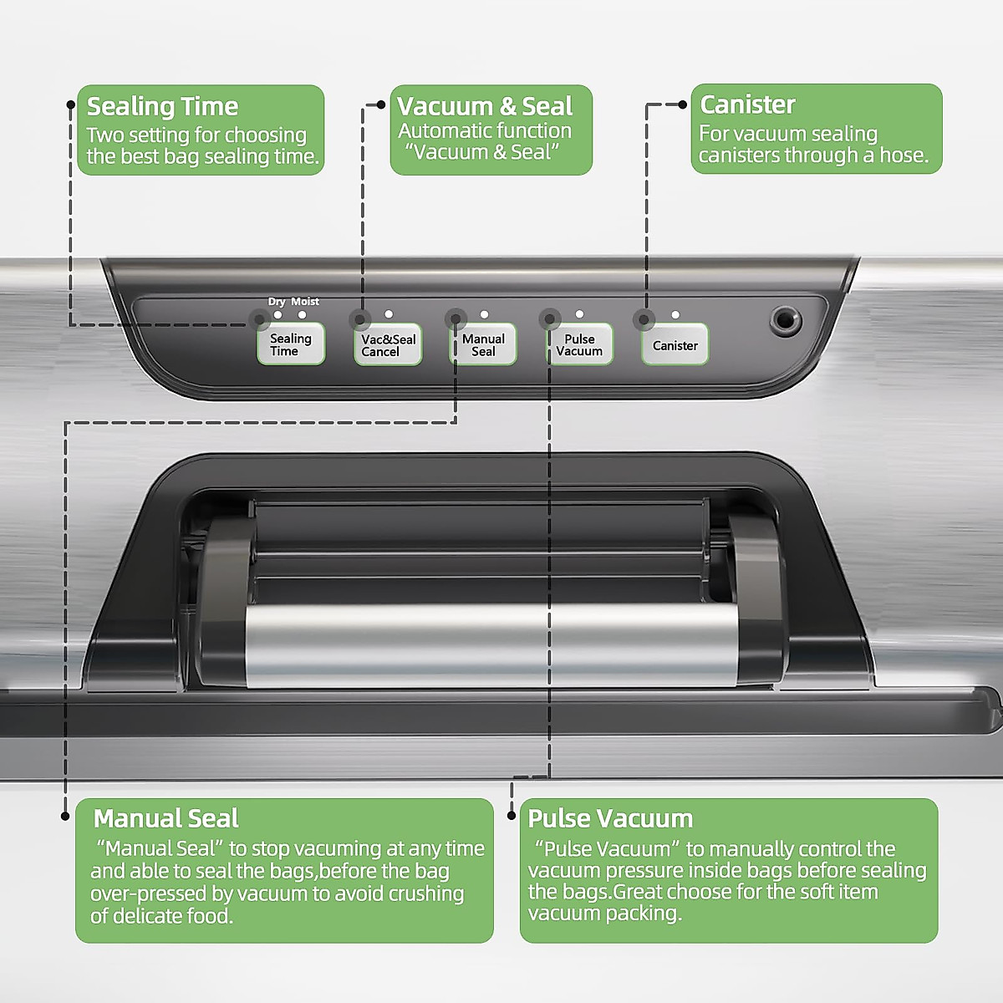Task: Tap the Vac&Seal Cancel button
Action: pyautogui.click(x=388, y=345)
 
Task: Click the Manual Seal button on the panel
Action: pyautogui.click(x=483, y=345)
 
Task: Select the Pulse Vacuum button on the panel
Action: pyautogui.click(x=579, y=345)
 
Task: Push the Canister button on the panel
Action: pyautogui.click(x=675, y=345)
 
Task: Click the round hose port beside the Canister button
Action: pyautogui.click(x=785, y=319)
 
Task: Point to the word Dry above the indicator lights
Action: pyautogui.click(x=277, y=302)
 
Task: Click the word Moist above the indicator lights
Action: pyautogui.click(x=305, y=302)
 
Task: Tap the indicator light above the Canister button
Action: pyautogui.click(x=675, y=315)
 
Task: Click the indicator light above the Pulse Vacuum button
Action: pyautogui.click(x=579, y=314)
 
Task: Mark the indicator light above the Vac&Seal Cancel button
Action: pyautogui.click(x=389, y=314)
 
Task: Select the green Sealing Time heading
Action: pyautogui.click(x=163, y=106)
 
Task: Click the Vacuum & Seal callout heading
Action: pyautogui.click(x=485, y=106)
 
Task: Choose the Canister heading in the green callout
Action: pyautogui.click(x=747, y=104)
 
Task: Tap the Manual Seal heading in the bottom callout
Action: pyautogui.click(x=166, y=818)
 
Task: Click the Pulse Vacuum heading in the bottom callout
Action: pyautogui.click(x=610, y=818)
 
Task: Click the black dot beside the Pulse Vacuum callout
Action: pyautogui.click(x=512, y=815)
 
